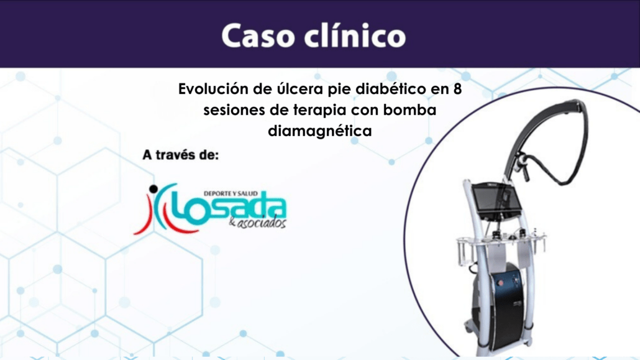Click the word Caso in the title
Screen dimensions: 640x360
(x=258, y=36)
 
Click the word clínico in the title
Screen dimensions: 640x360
(x=355, y=35)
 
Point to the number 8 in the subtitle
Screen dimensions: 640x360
(x=457, y=89)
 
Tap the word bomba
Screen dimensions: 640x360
(x=409, y=110)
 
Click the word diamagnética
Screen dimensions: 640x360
(x=319, y=131)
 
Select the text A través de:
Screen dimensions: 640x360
(x=180, y=155)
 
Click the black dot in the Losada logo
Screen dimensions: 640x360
(x=153, y=189)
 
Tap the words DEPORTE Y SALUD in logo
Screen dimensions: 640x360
(x=231, y=193)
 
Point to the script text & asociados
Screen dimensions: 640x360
(x=257, y=223)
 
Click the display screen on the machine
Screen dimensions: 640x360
(x=496, y=201)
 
